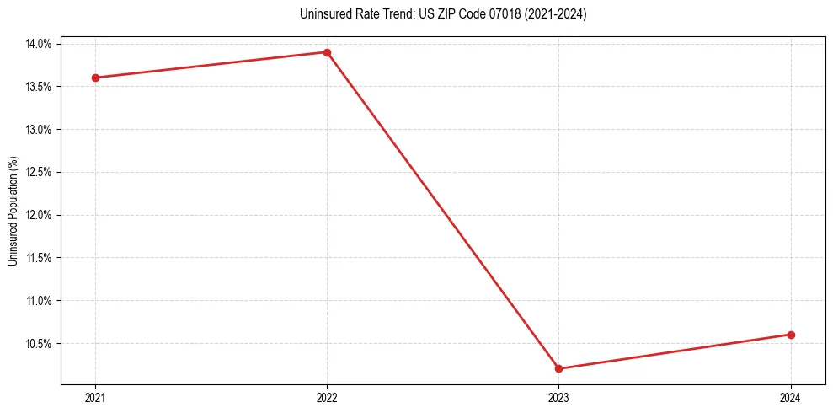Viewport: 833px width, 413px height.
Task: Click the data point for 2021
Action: pyautogui.click(x=95, y=78)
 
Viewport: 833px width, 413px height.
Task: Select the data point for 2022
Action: pyautogui.click(x=327, y=52)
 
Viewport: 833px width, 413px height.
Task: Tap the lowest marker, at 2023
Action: pyautogui.click(x=558, y=368)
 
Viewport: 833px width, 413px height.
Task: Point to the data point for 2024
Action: pyautogui.click(x=790, y=335)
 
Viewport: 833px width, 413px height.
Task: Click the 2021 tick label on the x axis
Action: pyautogui.click(x=95, y=397)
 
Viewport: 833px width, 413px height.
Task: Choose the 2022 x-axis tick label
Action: pyautogui.click(x=327, y=397)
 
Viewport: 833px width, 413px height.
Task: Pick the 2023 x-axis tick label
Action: pyautogui.click(x=558, y=397)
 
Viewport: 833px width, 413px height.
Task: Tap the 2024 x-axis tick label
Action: pyautogui.click(x=790, y=397)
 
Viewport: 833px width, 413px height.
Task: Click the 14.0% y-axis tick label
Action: pyautogui.click(x=40, y=44)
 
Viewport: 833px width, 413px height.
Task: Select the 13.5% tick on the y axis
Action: pyautogui.click(x=40, y=87)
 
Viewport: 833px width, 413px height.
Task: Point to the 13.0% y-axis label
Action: pyautogui.click(x=40, y=130)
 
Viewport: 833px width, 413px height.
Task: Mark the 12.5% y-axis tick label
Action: pyautogui.click(x=40, y=172)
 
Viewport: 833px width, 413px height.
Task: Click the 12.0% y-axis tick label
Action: pyautogui.click(x=40, y=215)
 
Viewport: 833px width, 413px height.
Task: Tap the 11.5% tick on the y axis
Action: pyautogui.click(x=40, y=258)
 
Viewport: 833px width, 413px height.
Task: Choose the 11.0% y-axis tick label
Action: pyautogui.click(x=40, y=301)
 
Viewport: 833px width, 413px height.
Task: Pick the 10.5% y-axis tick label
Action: pyautogui.click(x=40, y=344)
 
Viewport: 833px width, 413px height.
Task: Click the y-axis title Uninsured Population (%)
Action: pyautogui.click(x=13, y=211)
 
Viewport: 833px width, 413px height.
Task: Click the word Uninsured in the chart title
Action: pyautogui.click(x=321, y=14)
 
